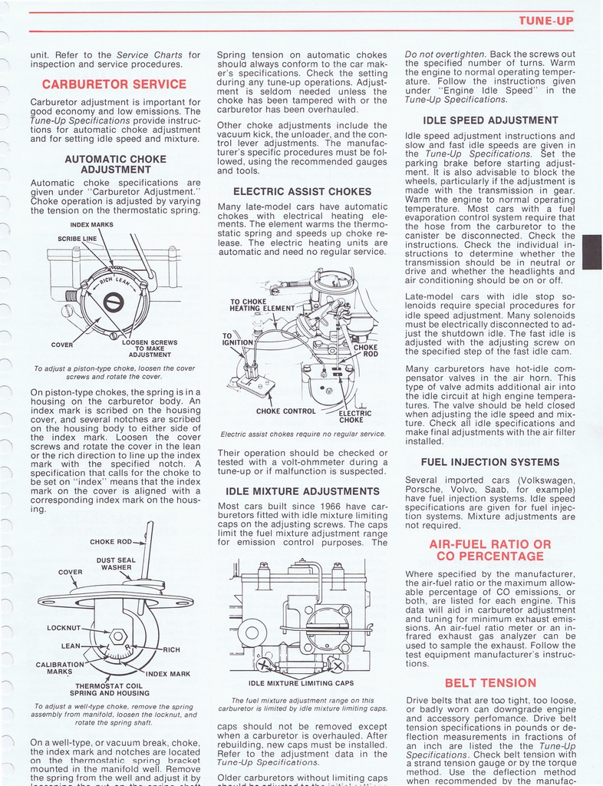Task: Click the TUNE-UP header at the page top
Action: point(545,21)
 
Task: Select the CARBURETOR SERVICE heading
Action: point(113,84)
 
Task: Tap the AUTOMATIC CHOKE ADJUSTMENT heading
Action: point(115,163)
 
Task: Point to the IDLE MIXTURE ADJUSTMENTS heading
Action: point(302,491)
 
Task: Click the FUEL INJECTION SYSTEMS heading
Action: point(490,462)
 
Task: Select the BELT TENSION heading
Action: point(490,682)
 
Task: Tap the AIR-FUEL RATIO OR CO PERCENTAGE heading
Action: point(490,550)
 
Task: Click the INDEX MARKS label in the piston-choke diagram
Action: point(91,225)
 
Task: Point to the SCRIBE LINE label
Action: point(77,239)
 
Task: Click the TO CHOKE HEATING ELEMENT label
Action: point(262,305)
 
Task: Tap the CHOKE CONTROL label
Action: point(285,411)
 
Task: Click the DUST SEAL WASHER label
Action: point(116,564)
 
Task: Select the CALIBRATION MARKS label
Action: point(60,668)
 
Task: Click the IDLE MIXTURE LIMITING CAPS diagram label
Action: point(301,683)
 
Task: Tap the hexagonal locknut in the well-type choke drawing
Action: point(118,636)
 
